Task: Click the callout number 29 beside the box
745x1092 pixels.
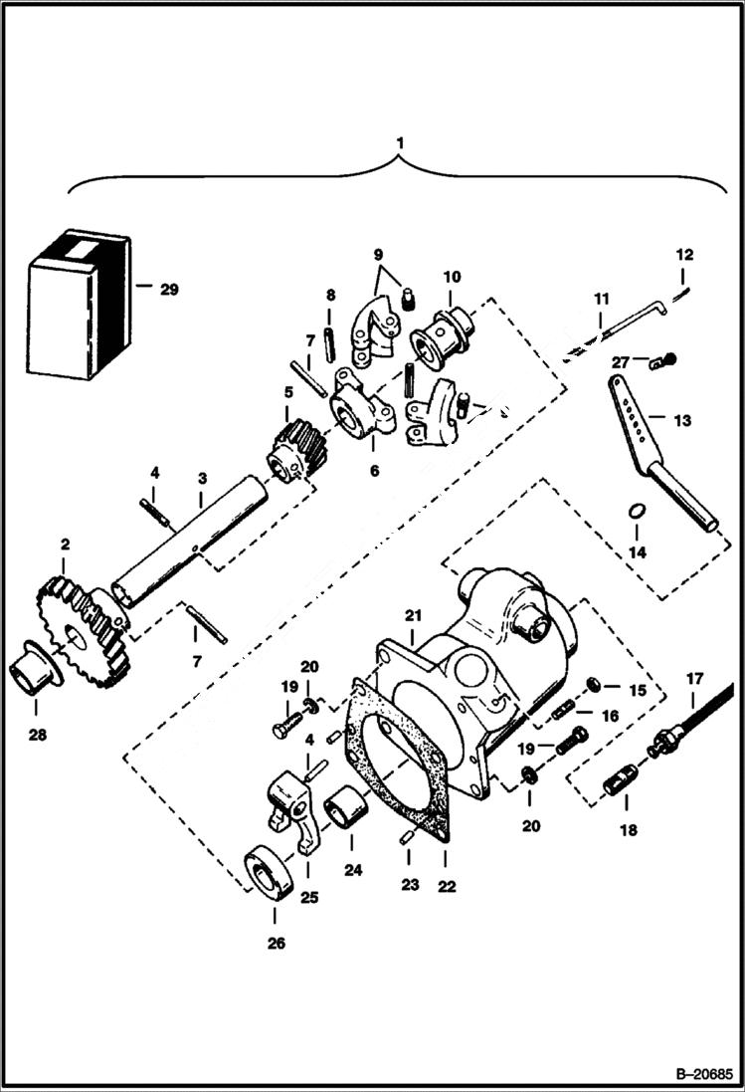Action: pos(169,290)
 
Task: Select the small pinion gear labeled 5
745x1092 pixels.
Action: pos(292,449)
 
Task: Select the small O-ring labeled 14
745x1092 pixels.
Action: pos(636,511)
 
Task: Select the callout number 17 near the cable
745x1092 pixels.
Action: pos(693,679)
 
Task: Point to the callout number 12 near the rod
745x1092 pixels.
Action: pos(685,255)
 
